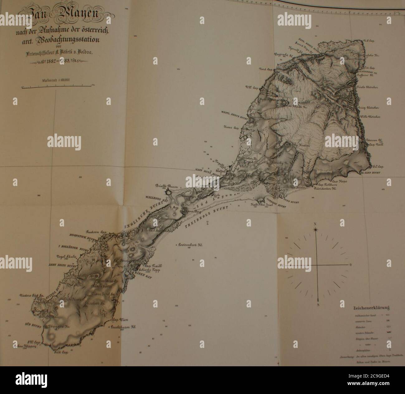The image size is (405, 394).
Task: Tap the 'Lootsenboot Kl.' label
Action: point(190,245)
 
